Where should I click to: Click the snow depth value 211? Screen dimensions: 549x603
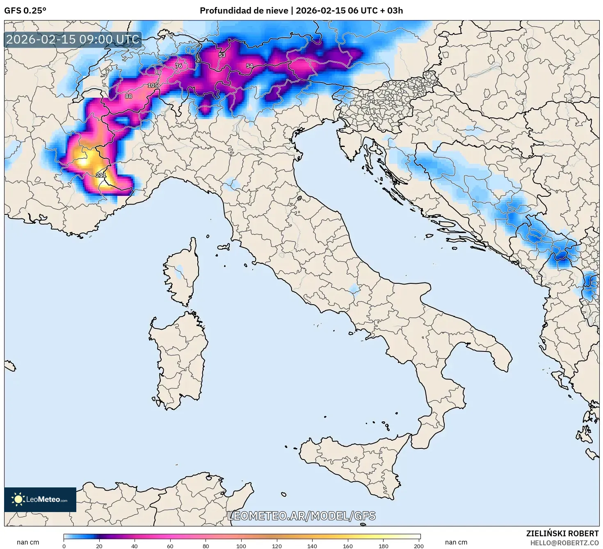coord(101,175)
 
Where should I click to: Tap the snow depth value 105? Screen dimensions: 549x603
coord(153,85)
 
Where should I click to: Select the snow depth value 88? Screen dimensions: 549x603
coord(128,96)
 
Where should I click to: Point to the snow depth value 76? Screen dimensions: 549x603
coord(178,66)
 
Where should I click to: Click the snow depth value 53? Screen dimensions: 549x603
coord(222,55)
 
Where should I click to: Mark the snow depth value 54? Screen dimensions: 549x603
coord(249,66)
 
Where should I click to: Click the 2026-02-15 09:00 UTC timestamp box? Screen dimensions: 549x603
coord(73,39)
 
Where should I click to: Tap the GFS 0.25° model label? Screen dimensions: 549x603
coord(25,11)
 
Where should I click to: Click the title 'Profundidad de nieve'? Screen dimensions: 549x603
coord(244,11)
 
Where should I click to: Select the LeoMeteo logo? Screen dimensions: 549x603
coord(40,499)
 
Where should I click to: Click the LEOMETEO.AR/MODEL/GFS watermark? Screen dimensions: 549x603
coord(301,516)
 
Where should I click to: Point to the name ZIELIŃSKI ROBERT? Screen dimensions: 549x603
coord(562,533)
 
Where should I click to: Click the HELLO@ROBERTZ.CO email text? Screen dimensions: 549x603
coord(564,543)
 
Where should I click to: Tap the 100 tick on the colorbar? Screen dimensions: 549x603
coord(241,546)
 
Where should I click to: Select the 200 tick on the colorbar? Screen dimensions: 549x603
coord(418,546)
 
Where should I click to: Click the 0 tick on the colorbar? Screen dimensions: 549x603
coord(64,546)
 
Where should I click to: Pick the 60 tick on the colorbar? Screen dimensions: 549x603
coord(170,546)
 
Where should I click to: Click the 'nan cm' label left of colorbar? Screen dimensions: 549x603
coord(28,542)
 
